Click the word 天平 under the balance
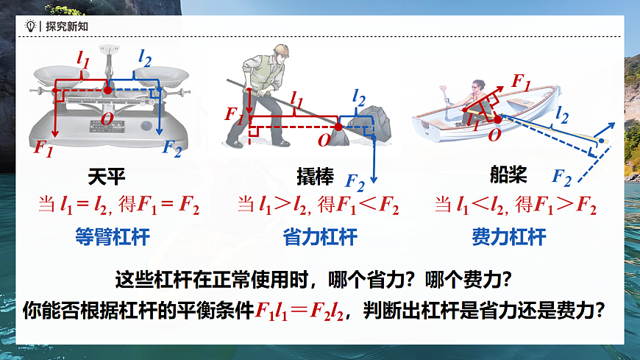tap(107, 177)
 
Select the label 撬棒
tap(315, 177)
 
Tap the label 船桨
tap(508, 174)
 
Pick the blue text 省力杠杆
tap(320, 237)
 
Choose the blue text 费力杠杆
tap(509, 237)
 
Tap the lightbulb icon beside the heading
tap(30, 26)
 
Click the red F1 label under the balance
tap(43, 147)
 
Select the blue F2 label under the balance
tap(172, 149)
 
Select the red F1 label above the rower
tap(519, 81)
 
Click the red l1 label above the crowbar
tap(296, 96)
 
